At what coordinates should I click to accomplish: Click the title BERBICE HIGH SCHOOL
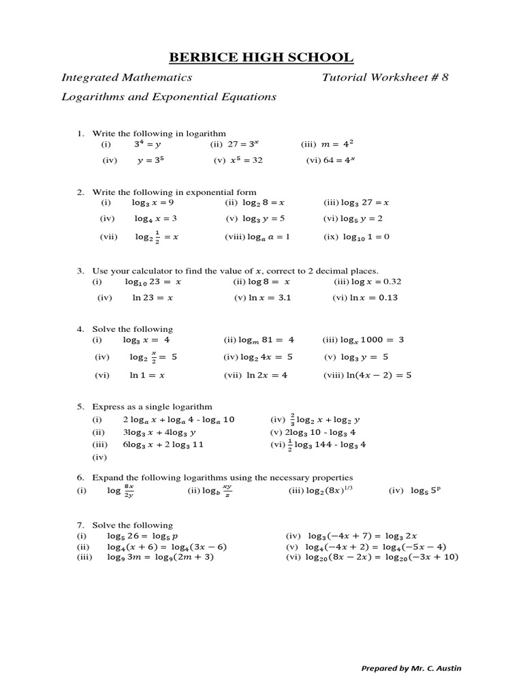[261, 57]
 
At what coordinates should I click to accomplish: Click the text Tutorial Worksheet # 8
[385, 77]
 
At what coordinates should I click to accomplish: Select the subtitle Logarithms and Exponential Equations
[169, 97]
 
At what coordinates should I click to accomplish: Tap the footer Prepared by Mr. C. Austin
[411, 668]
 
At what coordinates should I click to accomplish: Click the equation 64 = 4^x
[339, 160]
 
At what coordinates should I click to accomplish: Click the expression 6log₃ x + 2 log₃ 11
[163, 444]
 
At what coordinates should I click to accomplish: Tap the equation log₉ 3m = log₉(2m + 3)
[161, 557]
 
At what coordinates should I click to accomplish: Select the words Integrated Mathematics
[127, 77]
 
